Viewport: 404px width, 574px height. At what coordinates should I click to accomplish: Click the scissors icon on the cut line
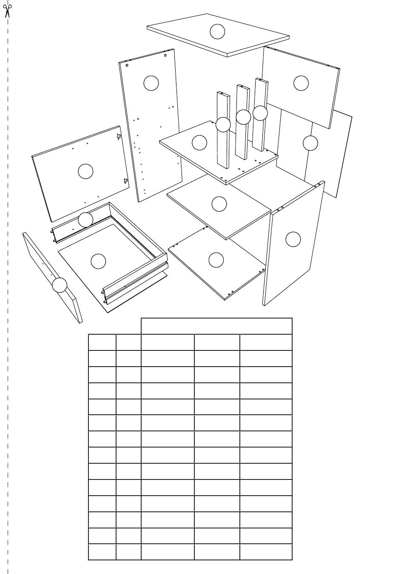pyautogui.click(x=7, y=10)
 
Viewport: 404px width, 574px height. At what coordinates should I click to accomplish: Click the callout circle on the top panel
pyautogui.click(x=217, y=32)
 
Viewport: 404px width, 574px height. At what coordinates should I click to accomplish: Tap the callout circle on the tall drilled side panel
pyautogui.click(x=151, y=83)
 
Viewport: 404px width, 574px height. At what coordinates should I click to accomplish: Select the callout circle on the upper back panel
pyautogui.click(x=301, y=83)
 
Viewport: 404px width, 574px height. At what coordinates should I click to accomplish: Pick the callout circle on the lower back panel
pyautogui.click(x=310, y=143)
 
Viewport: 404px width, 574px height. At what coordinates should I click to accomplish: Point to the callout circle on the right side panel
pyautogui.click(x=293, y=239)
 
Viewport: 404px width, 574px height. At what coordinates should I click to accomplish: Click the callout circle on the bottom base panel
pyautogui.click(x=216, y=260)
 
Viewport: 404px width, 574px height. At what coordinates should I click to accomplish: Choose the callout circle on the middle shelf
pyautogui.click(x=219, y=204)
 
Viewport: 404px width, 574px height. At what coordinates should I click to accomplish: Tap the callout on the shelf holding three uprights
pyautogui.click(x=199, y=143)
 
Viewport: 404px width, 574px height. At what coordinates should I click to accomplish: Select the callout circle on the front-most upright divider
pyautogui.click(x=223, y=125)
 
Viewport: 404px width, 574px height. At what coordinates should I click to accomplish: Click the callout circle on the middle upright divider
pyautogui.click(x=243, y=117)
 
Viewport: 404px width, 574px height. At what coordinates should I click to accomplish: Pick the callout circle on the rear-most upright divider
pyautogui.click(x=260, y=113)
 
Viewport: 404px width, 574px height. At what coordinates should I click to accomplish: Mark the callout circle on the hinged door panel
pyautogui.click(x=85, y=171)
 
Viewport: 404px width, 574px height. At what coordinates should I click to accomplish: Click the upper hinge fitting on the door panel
pyautogui.click(x=119, y=136)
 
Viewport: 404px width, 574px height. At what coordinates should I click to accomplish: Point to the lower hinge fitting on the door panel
pyautogui.click(x=125, y=181)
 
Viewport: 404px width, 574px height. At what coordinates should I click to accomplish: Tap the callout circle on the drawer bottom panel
pyautogui.click(x=98, y=261)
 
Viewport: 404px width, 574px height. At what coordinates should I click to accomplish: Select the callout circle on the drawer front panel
pyautogui.click(x=60, y=285)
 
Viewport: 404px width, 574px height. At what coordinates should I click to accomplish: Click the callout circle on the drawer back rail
pyautogui.click(x=85, y=220)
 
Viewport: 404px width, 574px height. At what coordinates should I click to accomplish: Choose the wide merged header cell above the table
pyautogui.click(x=216, y=326)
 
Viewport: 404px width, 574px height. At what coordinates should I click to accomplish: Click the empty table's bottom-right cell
pyautogui.click(x=266, y=552)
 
